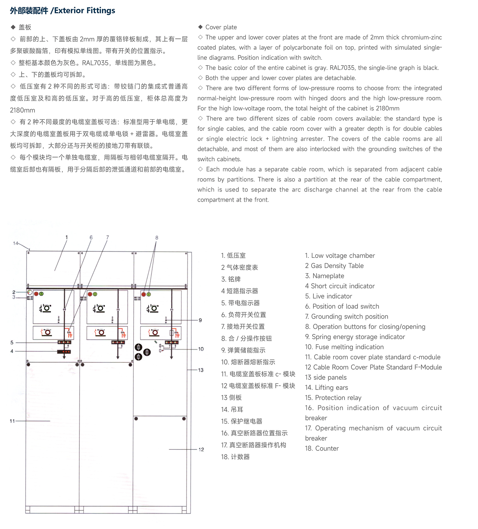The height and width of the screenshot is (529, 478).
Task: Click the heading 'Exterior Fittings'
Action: click(84, 11)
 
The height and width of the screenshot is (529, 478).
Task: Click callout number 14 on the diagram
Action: click(16, 243)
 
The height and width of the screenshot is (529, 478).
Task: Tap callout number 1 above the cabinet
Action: click(67, 237)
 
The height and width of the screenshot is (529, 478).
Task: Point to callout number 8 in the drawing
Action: click(156, 237)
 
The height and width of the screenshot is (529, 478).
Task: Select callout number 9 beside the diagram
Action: click(200, 320)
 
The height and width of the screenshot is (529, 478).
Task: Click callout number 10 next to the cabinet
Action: click(201, 349)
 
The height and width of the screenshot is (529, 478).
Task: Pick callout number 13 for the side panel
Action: click(201, 370)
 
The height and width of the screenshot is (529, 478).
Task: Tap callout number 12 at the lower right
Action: click(201, 449)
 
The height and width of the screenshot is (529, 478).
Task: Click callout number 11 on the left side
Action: click(12, 421)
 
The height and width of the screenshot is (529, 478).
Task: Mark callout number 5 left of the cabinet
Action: click(12, 342)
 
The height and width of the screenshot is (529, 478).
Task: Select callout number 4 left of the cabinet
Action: click(12, 351)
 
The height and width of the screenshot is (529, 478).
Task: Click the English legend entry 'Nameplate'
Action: click(328, 276)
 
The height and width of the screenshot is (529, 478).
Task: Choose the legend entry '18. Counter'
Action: click(322, 448)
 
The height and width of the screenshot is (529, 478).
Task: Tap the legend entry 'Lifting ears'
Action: click(331, 387)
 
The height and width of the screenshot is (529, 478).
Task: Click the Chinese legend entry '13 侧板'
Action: click(231, 397)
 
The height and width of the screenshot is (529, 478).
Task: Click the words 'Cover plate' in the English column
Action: click(221, 27)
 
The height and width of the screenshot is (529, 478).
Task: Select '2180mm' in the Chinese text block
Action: click(23, 110)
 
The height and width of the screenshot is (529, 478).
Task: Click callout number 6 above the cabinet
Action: click(91, 237)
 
